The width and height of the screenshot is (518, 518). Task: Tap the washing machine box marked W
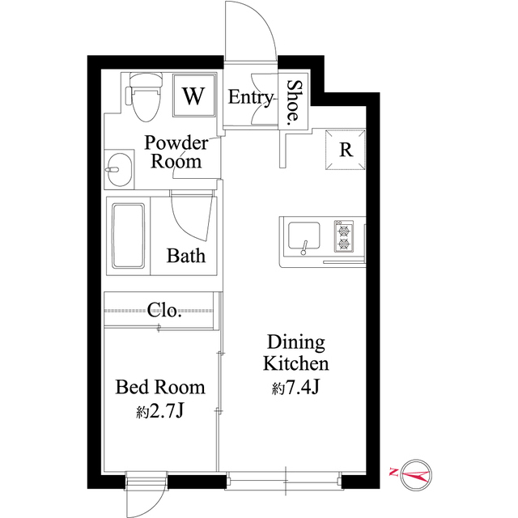[x=194, y=96]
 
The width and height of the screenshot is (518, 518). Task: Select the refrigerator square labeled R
[x=346, y=150]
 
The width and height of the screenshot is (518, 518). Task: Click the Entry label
[x=250, y=97]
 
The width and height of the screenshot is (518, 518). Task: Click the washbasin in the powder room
[x=119, y=170]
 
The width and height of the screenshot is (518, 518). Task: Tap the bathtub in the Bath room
[x=129, y=236]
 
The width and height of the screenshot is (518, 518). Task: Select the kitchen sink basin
[x=304, y=236]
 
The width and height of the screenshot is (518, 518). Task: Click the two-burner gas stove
[x=344, y=236]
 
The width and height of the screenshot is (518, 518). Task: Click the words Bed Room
[x=160, y=387]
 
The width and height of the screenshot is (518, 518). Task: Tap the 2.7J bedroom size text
[x=159, y=411]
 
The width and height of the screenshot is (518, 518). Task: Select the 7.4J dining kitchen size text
[x=295, y=388]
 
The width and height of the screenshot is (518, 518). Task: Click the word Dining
[x=296, y=343]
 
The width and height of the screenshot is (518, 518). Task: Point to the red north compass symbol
[x=412, y=475]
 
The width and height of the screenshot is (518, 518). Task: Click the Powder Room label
[x=176, y=152]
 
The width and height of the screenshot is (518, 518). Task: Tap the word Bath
[x=186, y=256]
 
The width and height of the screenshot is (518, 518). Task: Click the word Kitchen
[x=296, y=363]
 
